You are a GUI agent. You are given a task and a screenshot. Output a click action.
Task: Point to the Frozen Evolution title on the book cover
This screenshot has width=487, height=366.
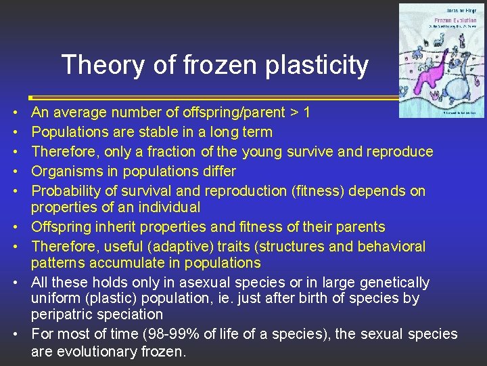440,21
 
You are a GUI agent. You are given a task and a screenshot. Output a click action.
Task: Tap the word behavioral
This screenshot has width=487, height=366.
387,247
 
